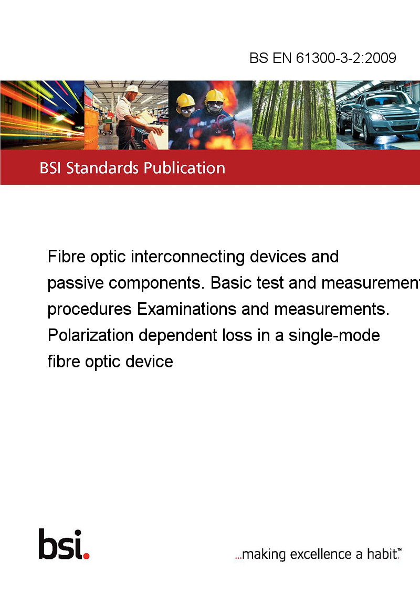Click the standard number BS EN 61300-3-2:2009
[322, 58]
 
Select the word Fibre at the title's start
[66, 257]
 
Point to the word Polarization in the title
[91, 335]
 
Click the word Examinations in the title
[187, 309]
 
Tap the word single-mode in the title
[334, 336]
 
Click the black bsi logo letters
[61, 544]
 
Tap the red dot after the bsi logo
[87, 556]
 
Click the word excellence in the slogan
[321, 554]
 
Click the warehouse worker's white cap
[133, 89]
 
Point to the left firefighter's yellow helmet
[185, 100]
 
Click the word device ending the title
[149, 362]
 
